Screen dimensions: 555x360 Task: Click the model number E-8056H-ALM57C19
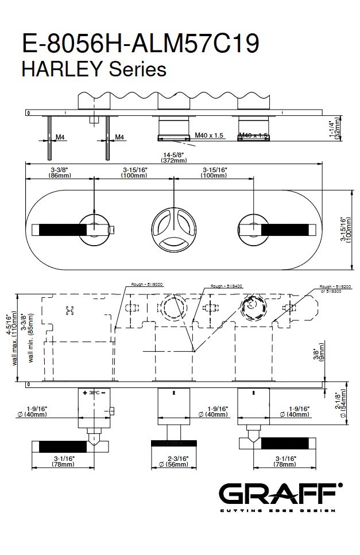tap(140, 44)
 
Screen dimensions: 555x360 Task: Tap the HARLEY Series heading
tap(94, 69)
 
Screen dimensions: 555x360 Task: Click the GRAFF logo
tap(280, 495)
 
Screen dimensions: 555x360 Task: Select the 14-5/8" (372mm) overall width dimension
tap(174, 158)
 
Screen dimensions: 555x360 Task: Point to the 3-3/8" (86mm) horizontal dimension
tap(60, 172)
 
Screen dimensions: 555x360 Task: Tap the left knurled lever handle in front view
tap(62, 230)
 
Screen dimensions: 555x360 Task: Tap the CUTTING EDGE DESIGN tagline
tap(278, 510)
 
